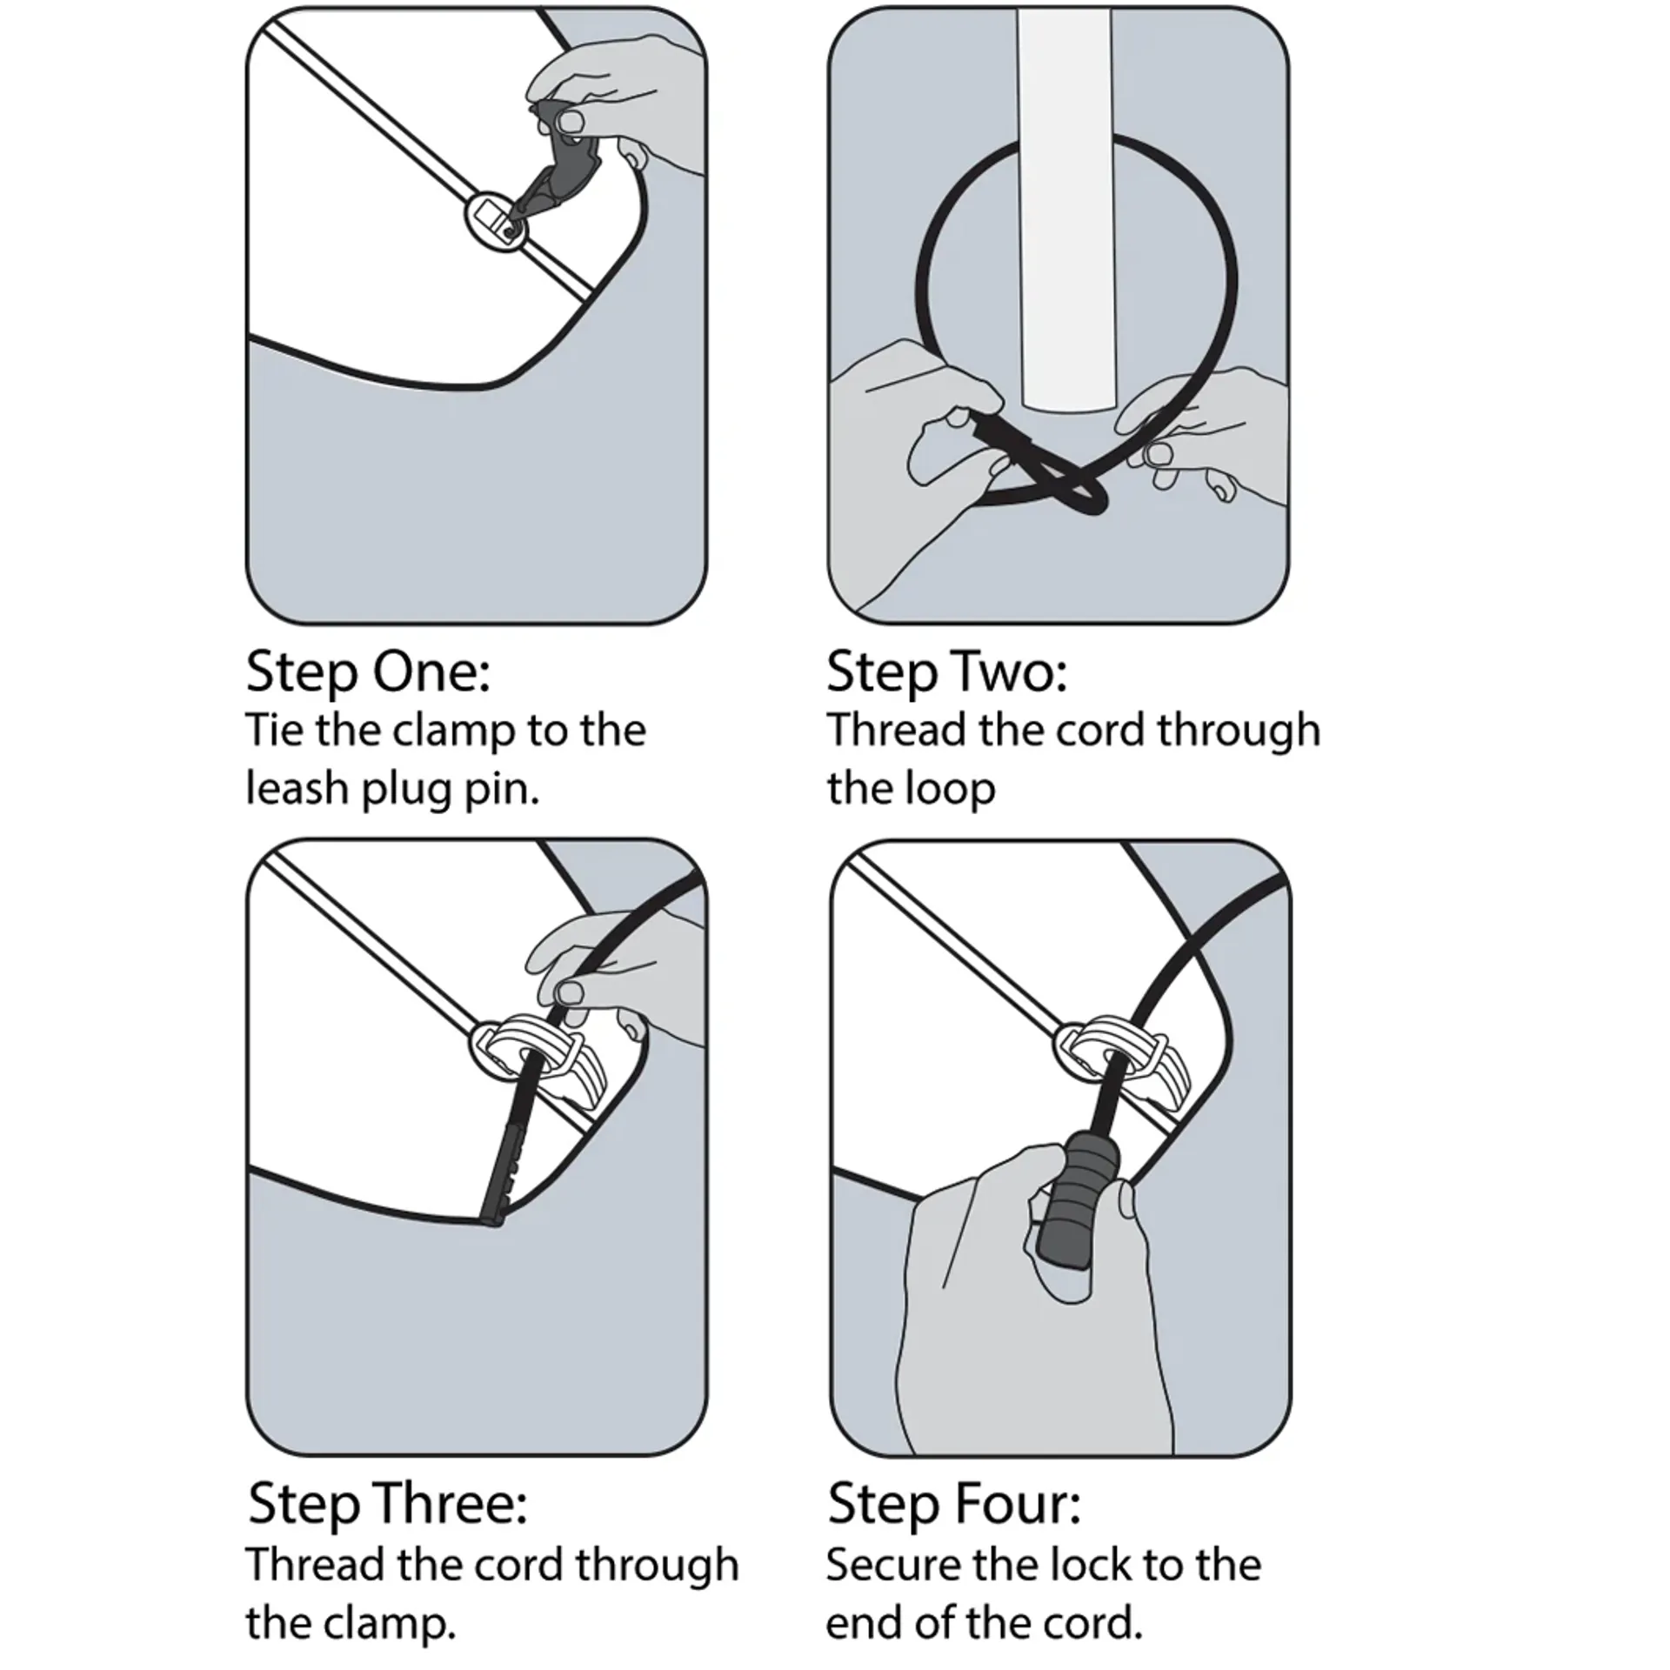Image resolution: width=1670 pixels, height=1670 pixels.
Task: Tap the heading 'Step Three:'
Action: pyautogui.click(x=388, y=1504)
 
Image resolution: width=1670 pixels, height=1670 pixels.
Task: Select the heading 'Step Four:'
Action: pyautogui.click(x=954, y=1504)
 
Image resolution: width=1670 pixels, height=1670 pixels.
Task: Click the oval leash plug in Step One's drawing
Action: pyautogui.click(x=497, y=221)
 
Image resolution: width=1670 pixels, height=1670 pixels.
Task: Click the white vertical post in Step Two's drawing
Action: pyautogui.click(x=1065, y=209)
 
